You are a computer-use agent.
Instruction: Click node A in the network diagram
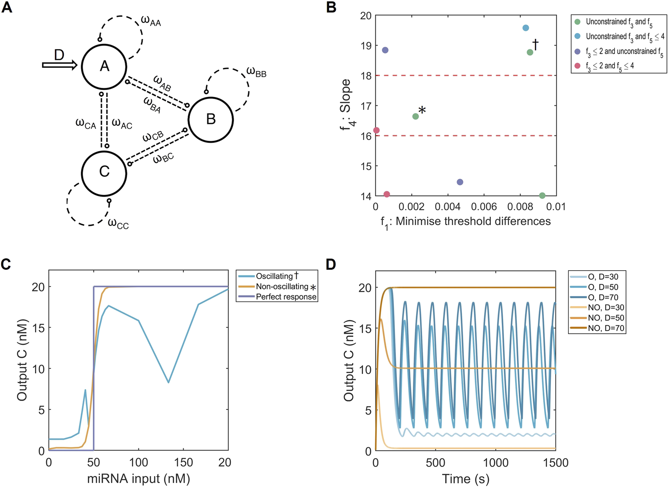[104, 66]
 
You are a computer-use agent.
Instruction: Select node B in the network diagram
[211, 119]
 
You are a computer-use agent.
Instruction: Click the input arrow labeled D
[60, 65]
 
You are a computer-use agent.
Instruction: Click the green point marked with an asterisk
[415, 116]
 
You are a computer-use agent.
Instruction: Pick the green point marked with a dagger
[530, 52]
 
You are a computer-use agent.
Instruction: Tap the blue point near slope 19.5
[526, 28]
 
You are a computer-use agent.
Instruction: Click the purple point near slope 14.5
[460, 182]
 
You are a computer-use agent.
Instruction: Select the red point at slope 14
[386, 194]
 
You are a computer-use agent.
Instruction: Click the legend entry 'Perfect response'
[286, 297]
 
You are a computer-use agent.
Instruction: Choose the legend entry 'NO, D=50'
[606, 318]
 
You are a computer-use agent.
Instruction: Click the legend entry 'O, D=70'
[603, 297]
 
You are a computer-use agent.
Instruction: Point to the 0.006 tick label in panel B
[484, 207]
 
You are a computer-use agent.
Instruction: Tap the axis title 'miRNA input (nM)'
[138, 479]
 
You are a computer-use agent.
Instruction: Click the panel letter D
[331, 265]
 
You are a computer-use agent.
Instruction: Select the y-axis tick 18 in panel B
[366, 76]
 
